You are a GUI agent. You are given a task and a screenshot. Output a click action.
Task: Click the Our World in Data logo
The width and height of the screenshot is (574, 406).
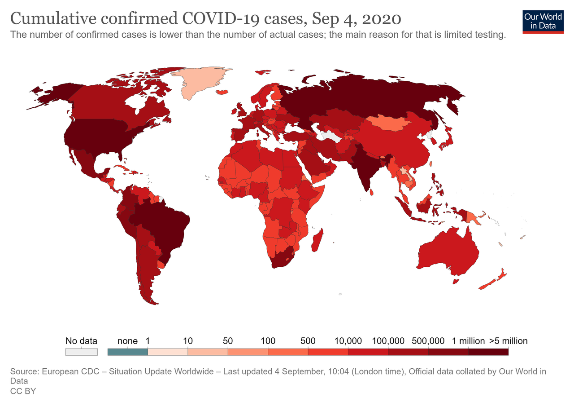[x=543, y=21]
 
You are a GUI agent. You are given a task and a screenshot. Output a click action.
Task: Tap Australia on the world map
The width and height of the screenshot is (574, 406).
[x=448, y=252]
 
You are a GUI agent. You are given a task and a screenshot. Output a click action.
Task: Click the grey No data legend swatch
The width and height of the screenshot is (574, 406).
[x=81, y=352]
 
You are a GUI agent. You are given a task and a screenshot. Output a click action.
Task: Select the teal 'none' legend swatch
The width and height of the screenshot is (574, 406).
[x=128, y=352]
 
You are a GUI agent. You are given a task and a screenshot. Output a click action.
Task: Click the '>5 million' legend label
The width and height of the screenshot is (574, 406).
[x=509, y=341]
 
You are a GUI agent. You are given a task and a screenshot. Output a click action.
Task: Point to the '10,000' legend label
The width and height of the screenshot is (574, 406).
[x=348, y=341]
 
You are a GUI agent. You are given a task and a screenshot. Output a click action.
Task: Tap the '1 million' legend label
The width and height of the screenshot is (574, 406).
[x=468, y=341]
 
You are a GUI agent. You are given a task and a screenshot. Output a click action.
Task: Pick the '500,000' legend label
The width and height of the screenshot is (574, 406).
[x=429, y=341]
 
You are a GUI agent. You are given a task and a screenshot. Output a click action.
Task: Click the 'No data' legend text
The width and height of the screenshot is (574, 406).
[x=81, y=341]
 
